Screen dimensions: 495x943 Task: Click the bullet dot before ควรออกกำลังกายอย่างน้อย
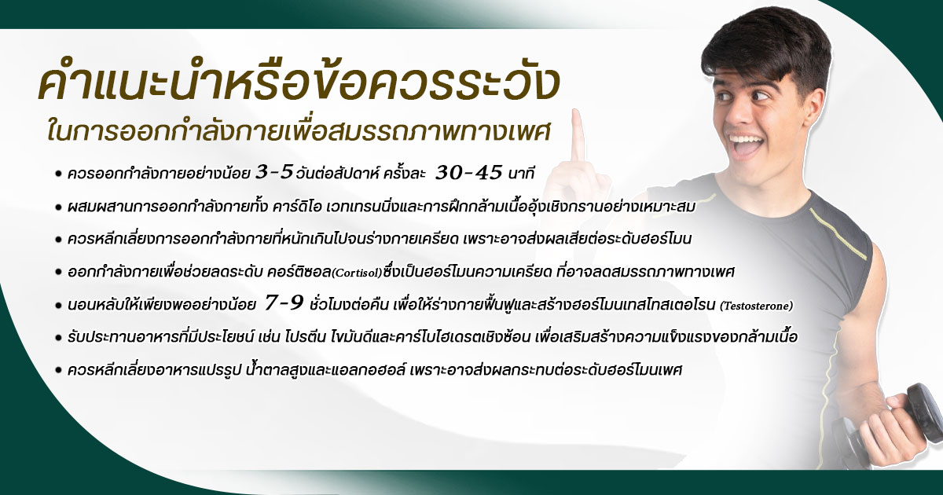59,172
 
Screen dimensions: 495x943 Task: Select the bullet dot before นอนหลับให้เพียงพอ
59,305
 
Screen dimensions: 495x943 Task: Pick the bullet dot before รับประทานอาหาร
59,338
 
